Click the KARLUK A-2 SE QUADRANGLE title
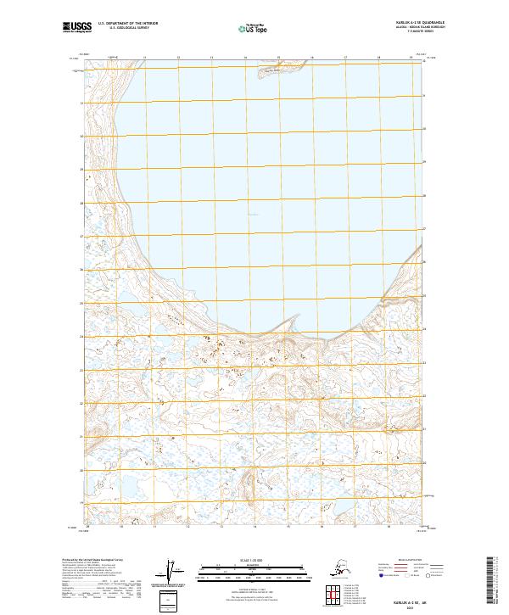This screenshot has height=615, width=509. (408, 24)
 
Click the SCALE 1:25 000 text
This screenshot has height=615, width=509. (255, 558)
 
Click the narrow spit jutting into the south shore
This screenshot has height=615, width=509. (293, 323)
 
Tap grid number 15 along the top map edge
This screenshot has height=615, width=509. (278, 59)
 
